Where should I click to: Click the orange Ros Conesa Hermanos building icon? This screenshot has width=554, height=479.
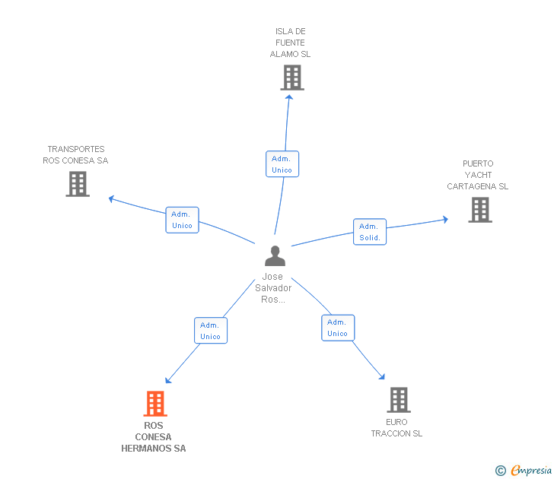tap(155, 404)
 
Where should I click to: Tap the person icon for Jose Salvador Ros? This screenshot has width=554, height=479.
tap(275, 256)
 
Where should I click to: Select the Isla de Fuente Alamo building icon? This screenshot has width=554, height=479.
tap(292, 78)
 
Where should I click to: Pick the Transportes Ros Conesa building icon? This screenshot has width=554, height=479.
tap(78, 184)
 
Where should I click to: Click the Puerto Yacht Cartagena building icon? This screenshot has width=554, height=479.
tap(480, 210)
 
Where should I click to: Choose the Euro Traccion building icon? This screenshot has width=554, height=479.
tap(399, 400)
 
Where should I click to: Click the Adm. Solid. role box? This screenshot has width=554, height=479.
tap(370, 232)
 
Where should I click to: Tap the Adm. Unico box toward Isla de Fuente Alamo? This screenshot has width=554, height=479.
tap(282, 164)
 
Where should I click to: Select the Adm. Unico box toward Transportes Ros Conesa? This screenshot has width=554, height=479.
tap(182, 220)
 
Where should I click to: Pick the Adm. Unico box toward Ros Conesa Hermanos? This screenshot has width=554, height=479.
tap(211, 331)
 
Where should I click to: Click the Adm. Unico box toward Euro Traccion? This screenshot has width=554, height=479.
tap(338, 328)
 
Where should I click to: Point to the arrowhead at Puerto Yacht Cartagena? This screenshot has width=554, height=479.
tap(446, 220)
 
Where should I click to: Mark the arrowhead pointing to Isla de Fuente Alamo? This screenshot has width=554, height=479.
tap(289, 97)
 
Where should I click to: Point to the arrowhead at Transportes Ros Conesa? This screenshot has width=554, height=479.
tap(111, 198)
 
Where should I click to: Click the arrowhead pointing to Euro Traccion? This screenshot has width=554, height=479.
tap(382, 376)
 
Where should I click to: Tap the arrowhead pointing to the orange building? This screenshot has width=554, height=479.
tap(168, 380)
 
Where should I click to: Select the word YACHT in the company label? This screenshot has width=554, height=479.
tap(478, 175)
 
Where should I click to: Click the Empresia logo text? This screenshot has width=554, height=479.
tap(531, 471)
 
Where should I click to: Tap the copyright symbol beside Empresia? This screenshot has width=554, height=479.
tap(501, 471)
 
